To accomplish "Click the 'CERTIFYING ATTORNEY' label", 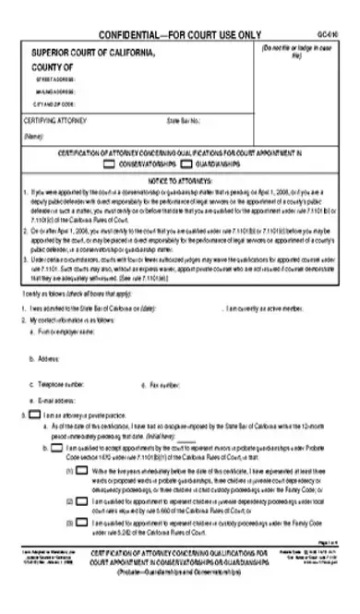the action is pos(54,119).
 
